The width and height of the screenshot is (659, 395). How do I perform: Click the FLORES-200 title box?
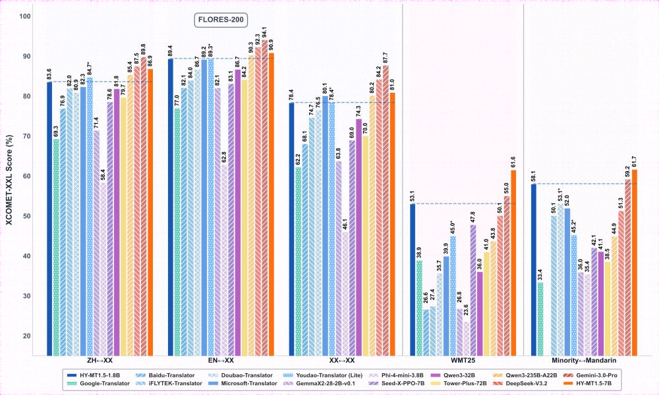pyautogui.click(x=220, y=20)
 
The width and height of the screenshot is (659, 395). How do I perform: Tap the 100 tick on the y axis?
pyautogui.click(x=26, y=16)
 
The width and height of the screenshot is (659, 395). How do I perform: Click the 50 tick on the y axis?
pyautogui.click(x=26, y=216)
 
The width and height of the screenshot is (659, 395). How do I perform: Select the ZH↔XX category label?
pyautogui.click(x=100, y=361)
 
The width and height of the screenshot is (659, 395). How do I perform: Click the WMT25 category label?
pyautogui.click(x=463, y=361)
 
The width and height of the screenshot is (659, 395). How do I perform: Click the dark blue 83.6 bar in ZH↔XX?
pyautogui.click(x=49, y=217)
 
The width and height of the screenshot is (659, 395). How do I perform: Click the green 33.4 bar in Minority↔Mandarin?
pyautogui.click(x=540, y=317)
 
